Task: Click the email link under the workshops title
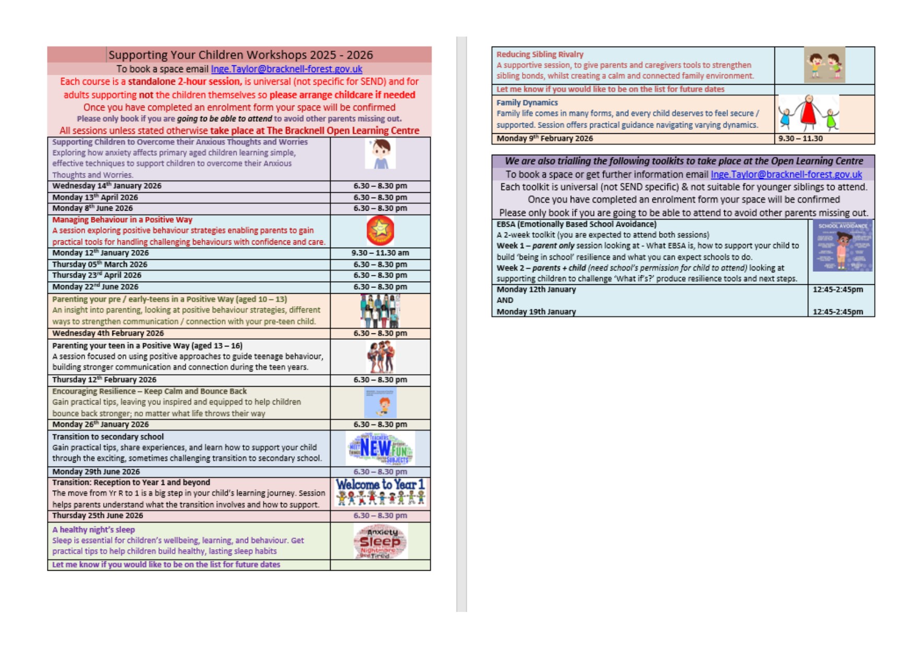click(286, 69)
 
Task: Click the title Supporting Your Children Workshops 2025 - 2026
click(240, 55)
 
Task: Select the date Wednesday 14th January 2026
click(107, 186)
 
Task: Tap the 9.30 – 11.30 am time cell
click(380, 253)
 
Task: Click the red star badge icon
click(380, 230)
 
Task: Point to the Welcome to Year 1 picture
click(380, 492)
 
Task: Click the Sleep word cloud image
click(380, 541)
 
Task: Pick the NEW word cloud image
click(380, 448)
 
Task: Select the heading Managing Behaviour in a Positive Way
click(122, 220)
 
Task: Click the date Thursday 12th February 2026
click(104, 380)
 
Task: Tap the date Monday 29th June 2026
click(96, 472)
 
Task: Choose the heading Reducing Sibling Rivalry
click(539, 54)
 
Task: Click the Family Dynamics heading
click(527, 103)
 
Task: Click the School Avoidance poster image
click(842, 246)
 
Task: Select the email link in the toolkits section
click(786, 175)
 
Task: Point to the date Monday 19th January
click(536, 312)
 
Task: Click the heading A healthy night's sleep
click(93, 530)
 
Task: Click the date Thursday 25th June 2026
click(97, 516)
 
